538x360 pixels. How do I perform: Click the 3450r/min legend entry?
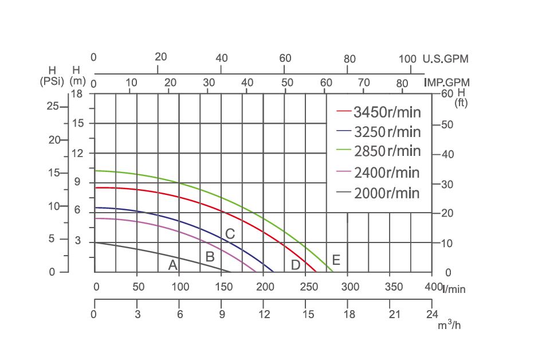point(387,111)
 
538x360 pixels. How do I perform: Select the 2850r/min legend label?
point(387,151)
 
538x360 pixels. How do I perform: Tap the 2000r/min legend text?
point(387,193)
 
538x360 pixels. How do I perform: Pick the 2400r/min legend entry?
point(387,173)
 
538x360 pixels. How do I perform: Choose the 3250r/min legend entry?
point(387,132)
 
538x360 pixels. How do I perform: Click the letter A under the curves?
point(172,265)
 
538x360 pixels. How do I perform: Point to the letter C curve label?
point(230,234)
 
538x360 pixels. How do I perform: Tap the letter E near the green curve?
point(336,260)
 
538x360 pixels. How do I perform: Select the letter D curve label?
point(296,265)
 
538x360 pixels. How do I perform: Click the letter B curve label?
point(210,257)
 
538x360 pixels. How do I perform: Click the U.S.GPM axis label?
point(445,59)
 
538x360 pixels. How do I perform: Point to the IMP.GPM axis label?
point(447,83)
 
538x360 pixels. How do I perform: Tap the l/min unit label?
point(454,289)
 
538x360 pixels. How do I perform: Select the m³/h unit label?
point(449,325)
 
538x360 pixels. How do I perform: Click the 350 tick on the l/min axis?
point(394,287)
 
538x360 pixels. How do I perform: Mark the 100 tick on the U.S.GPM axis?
point(407,59)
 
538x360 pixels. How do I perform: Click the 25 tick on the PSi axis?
point(53,106)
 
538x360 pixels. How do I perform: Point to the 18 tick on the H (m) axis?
point(77,93)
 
